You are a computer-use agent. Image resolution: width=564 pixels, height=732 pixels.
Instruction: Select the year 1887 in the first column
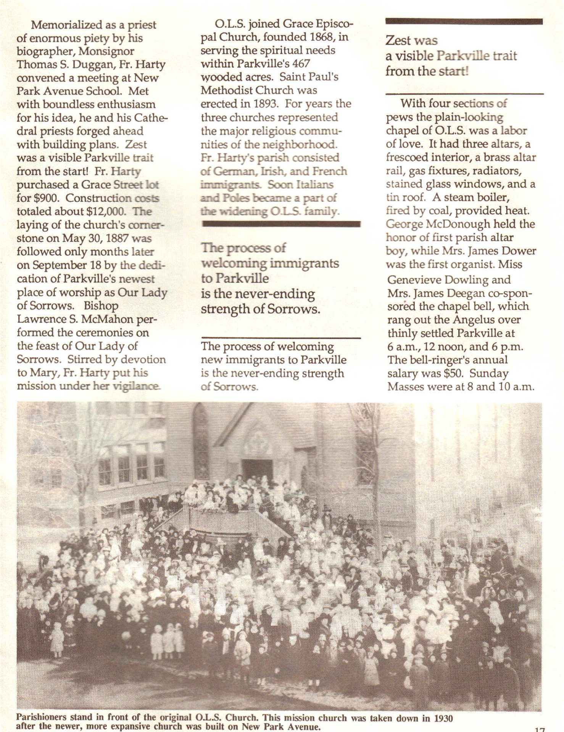(138, 239)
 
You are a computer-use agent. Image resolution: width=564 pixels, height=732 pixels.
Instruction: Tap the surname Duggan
(88, 64)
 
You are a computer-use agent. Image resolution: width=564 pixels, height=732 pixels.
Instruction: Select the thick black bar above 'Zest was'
(464, 22)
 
